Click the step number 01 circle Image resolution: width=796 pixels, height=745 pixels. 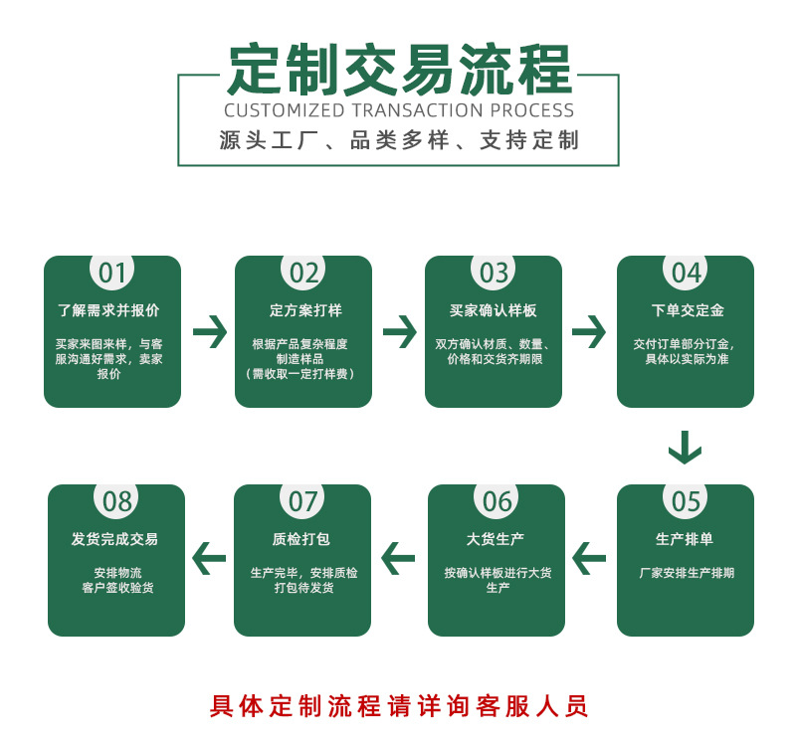pyautogui.click(x=112, y=273)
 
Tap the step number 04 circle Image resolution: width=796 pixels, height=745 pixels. pyautogui.click(x=686, y=273)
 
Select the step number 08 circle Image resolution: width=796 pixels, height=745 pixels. pyautogui.click(x=117, y=501)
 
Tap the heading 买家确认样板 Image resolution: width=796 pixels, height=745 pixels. pyautogui.click(x=494, y=310)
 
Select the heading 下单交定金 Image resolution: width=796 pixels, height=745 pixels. pyautogui.click(x=686, y=310)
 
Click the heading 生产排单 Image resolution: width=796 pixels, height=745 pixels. pyautogui.click(x=686, y=539)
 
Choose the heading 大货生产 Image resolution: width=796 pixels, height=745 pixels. pyautogui.click(x=496, y=539)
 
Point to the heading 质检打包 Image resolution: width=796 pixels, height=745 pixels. pyautogui.click(x=301, y=539)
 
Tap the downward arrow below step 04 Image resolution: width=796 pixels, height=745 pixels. pyautogui.click(x=685, y=448)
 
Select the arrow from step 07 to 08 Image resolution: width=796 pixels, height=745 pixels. pyautogui.click(x=209, y=559)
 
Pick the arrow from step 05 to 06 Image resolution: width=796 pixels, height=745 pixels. pyautogui.click(x=589, y=559)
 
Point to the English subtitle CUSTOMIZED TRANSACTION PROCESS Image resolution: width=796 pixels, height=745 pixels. pyautogui.click(x=399, y=110)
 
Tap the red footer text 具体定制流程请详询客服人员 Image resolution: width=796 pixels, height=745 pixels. pyautogui.click(x=399, y=706)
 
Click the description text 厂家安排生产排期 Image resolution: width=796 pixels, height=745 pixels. pyautogui.click(x=687, y=574)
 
